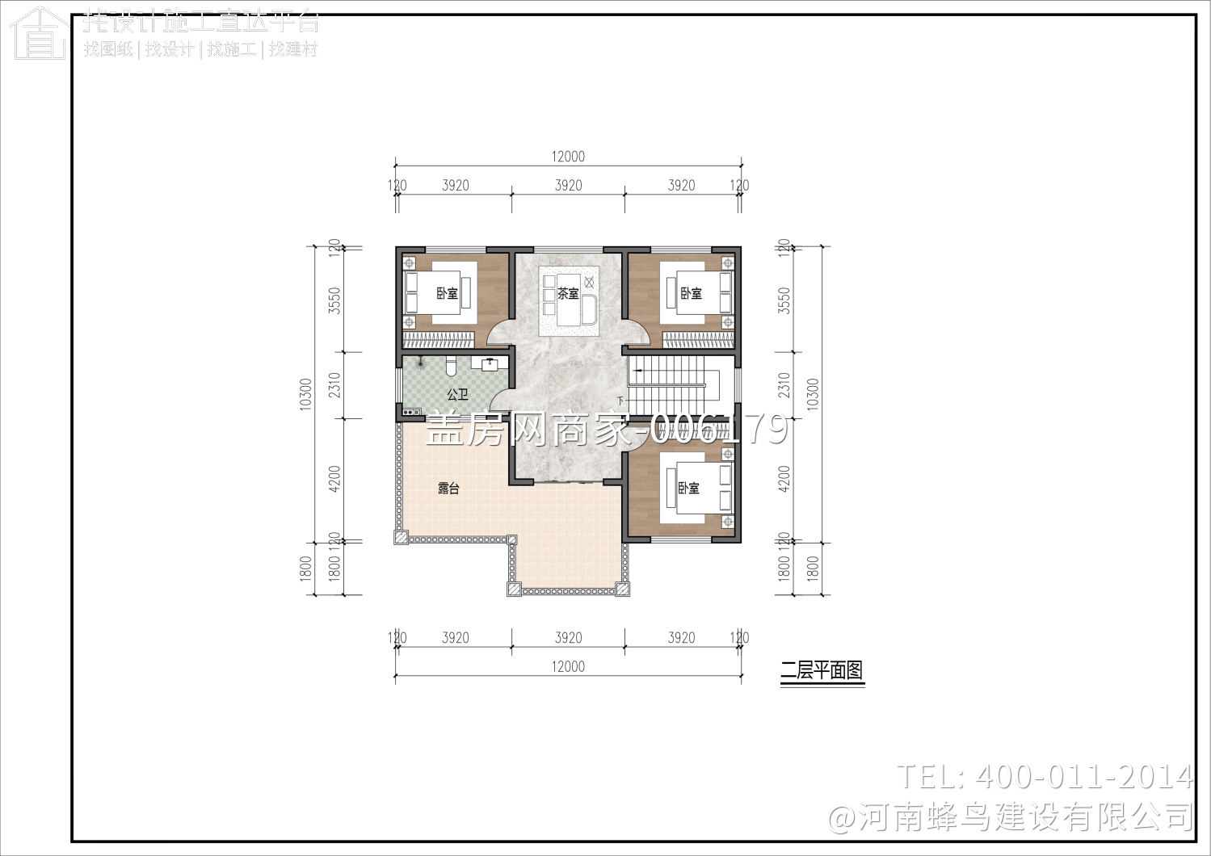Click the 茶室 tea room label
point(568,293)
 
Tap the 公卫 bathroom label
point(457,394)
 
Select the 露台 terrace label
point(448,488)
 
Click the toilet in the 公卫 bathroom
point(451,366)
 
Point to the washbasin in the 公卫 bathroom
point(490,363)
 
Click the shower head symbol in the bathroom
point(418,365)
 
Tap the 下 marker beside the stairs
point(620,401)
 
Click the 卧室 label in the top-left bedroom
point(447,293)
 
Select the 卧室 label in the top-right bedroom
point(691,293)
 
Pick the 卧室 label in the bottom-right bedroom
point(688,488)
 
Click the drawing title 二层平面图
point(822,670)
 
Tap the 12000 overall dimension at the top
point(568,157)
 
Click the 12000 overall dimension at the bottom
point(568,666)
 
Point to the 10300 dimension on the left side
point(305,394)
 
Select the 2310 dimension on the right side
point(784,385)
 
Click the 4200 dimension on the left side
point(334,480)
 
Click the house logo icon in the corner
point(39,34)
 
